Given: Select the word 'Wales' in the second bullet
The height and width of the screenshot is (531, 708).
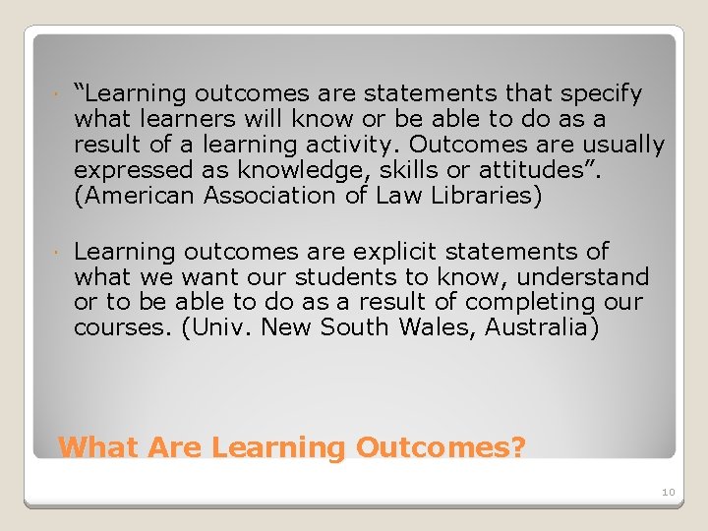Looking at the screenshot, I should coord(442,327).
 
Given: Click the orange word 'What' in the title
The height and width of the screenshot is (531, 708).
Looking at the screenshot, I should coord(98,447).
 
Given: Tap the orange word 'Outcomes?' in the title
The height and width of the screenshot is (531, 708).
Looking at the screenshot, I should coord(441,447).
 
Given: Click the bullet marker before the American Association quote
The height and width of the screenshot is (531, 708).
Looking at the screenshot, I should coord(59,95).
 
